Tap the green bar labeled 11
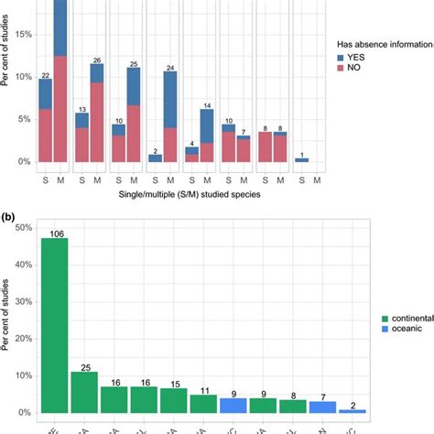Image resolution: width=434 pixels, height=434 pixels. pyautogui.click(x=203, y=403)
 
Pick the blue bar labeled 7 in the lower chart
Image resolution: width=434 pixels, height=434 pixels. pyautogui.click(x=322, y=406)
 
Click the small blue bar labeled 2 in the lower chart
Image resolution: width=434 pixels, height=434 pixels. pyautogui.click(x=352, y=411)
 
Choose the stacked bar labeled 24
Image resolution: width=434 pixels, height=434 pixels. pyautogui.click(x=170, y=117)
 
